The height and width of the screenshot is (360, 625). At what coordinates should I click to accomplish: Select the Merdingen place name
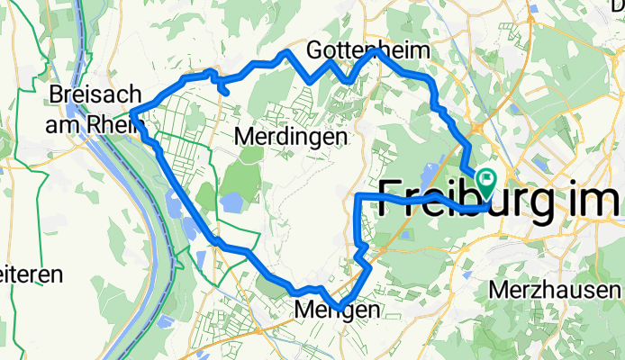pos(290,137)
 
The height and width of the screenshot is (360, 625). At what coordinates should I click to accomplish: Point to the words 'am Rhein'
pos(89,124)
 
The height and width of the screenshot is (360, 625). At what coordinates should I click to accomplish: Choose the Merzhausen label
pos(556,291)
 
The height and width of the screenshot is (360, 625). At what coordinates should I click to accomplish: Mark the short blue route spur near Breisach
pos(222,86)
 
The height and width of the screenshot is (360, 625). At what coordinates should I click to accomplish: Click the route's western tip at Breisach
pos(133,112)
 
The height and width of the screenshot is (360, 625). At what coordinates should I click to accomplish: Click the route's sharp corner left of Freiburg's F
pos(360,195)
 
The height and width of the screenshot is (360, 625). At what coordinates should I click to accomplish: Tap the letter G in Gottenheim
pos(316,49)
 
